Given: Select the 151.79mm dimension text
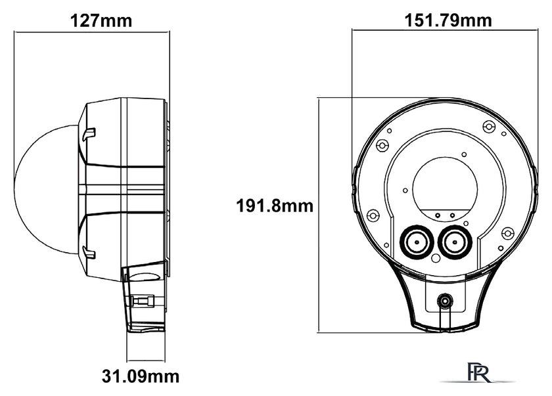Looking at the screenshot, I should coord(448,20).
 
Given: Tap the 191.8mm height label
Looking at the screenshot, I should coord(275,206).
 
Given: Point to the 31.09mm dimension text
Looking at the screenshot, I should coord(141,377).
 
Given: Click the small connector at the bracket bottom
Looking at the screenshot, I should coord(445,301).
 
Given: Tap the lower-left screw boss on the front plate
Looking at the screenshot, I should coord(373,215).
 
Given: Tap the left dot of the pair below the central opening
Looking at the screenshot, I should coord(440,214).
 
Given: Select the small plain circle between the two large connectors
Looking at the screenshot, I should coord(434,257).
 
